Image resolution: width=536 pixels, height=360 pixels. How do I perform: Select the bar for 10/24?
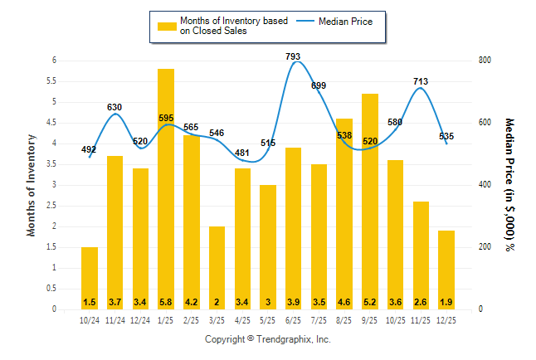90,278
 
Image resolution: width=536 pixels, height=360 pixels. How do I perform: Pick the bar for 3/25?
217,267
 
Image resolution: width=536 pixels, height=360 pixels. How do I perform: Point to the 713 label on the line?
421,81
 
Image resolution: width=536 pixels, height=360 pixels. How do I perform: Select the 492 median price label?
90,150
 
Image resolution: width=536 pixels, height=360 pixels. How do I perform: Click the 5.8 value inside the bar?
166,301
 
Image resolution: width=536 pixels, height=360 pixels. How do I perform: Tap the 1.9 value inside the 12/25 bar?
446,301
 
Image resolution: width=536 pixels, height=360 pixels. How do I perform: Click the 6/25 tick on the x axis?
294,320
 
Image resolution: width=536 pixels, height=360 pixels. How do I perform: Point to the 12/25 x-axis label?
446,320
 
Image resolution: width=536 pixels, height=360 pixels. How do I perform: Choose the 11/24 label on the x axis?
115,320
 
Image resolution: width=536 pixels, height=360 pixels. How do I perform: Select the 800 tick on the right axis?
484,61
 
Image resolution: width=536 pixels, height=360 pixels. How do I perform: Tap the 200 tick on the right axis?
484,247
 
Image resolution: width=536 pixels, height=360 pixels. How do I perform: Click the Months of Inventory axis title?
32,185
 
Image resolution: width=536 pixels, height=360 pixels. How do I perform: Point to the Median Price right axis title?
509,184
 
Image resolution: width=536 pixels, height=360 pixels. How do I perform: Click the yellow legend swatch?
167,26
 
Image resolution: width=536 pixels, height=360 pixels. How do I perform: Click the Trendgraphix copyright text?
268,340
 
